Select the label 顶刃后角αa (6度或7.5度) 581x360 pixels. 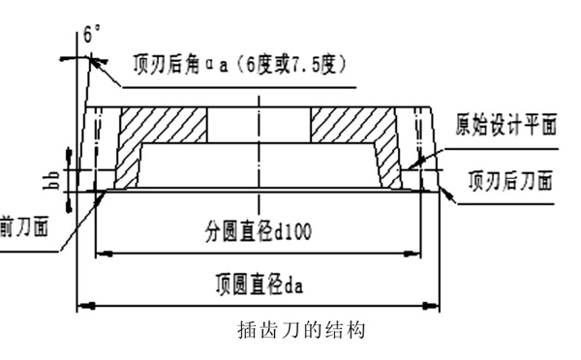[239, 65]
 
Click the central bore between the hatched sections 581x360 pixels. [259, 124]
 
